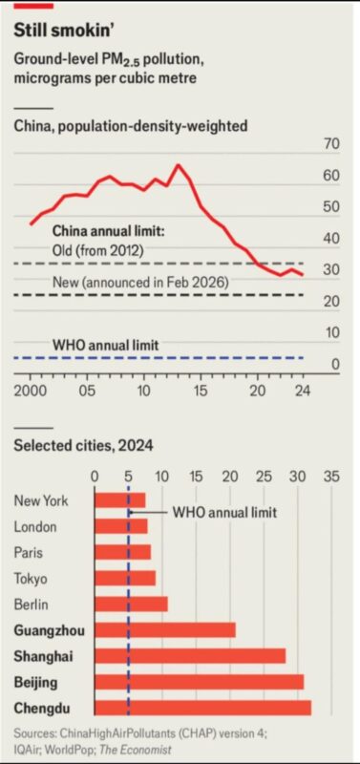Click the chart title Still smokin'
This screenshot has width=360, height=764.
pos(65,31)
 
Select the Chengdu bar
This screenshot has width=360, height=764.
pos(202,708)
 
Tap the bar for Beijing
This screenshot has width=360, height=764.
pos(200,682)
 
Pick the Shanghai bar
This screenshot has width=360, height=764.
pos(190,656)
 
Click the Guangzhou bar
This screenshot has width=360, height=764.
pos(165,630)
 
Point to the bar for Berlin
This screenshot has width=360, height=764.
pos(131,605)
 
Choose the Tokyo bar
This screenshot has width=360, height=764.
pos(125,579)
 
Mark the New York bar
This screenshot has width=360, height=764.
pos(119,500)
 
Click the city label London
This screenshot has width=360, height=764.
pos(35,527)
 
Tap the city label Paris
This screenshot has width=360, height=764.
pos(29,553)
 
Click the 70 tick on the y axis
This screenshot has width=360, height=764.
pos(331,145)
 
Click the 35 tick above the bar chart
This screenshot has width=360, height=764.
pos(331,477)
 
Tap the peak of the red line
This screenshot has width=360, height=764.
pos(178,164)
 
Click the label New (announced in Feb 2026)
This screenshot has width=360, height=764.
pos(140,283)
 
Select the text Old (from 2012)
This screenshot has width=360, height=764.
pos(97,251)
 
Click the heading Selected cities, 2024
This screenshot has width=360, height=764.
pos(83,445)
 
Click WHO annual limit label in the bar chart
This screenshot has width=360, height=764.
pos(225,513)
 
